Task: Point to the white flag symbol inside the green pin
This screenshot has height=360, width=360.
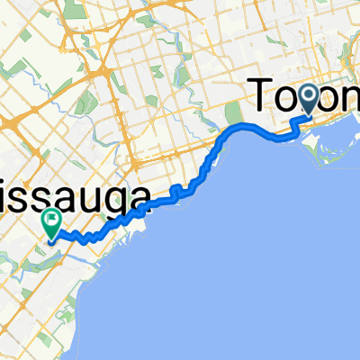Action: pos(51,217)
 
